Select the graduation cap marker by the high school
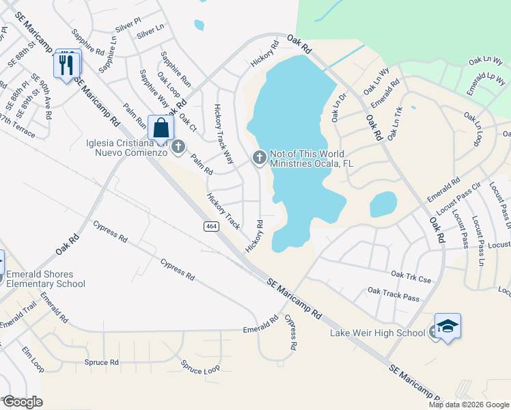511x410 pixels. pos(447,327)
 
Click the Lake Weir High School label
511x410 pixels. pos(377,333)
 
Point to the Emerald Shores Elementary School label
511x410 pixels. pos(45,279)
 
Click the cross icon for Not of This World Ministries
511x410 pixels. pos(259,158)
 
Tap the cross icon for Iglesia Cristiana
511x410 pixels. pos(178,146)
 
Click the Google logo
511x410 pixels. pos(22,402)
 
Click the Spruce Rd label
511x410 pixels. pos(101,362)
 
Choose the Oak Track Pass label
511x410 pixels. pos(393,294)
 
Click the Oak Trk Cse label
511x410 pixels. pos(411,275)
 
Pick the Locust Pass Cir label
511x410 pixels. pos(467,195)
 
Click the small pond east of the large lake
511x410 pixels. pos(383,204)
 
